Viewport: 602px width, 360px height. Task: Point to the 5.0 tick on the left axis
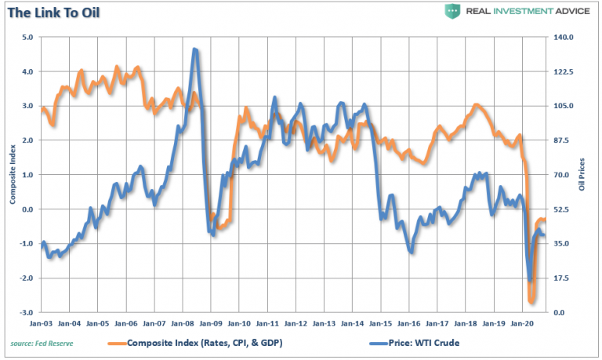coord(27,37)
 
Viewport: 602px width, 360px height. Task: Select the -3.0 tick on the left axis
coord(26,313)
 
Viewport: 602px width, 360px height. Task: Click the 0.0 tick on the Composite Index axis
coord(27,209)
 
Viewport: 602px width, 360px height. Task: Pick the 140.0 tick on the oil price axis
coord(565,37)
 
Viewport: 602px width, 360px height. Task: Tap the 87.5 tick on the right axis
coord(564,140)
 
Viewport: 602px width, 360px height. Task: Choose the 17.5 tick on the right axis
coord(564,278)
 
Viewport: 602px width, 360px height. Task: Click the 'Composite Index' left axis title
coord(13,174)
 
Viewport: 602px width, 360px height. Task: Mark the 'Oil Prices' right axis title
coord(582,174)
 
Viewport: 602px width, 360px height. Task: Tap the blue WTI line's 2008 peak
coord(194,50)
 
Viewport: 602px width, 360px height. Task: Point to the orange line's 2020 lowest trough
coord(532,301)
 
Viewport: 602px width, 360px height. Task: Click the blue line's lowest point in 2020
coord(530,280)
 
